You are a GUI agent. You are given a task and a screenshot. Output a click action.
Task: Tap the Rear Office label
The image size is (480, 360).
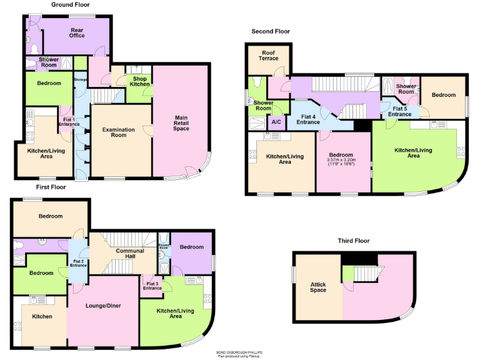77,32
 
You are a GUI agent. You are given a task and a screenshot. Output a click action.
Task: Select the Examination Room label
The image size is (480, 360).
119,132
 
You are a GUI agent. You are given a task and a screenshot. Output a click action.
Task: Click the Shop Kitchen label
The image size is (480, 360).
139,81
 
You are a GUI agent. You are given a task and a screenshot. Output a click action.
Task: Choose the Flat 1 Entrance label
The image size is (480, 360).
67,122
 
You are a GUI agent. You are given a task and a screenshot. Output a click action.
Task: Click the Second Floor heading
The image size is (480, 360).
271,31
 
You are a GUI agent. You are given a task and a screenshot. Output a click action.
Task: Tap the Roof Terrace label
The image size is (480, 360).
269,56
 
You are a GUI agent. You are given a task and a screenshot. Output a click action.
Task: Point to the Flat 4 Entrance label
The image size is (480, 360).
309,119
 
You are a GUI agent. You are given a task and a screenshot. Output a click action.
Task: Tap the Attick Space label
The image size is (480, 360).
318,287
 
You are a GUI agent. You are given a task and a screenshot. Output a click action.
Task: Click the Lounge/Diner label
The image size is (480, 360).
103,306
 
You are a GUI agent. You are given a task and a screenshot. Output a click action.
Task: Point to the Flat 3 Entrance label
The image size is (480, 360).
152,286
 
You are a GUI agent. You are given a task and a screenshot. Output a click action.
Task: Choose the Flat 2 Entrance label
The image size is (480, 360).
78,263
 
